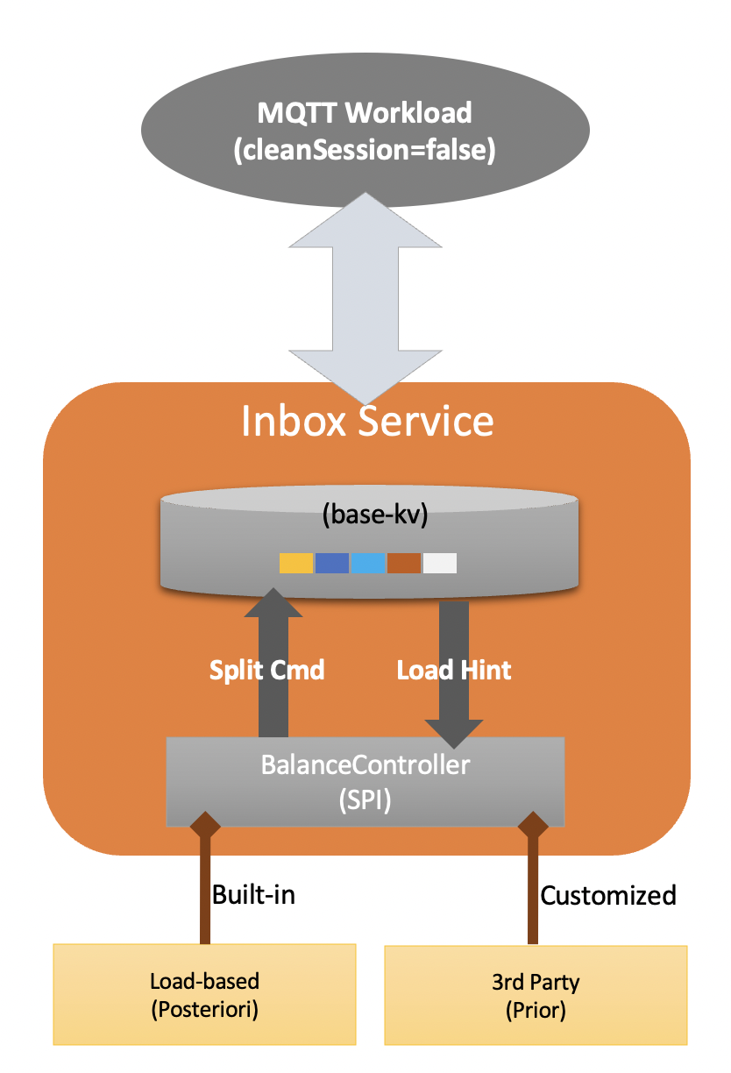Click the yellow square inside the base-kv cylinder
(296, 563)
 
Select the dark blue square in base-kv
(332, 563)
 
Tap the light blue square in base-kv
(368, 563)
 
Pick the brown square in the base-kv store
(404, 563)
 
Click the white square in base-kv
(440, 563)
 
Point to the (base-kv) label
(375, 515)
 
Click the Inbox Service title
(367, 421)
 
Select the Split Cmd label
(266, 670)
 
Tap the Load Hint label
(454, 670)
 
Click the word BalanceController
(365, 764)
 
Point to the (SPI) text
(365, 800)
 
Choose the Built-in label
(253, 894)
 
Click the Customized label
(608, 895)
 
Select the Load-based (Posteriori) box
(204, 994)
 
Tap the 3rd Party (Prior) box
(536, 995)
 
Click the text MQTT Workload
(365, 113)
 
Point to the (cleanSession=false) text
(365, 150)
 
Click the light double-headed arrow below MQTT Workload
(365, 299)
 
